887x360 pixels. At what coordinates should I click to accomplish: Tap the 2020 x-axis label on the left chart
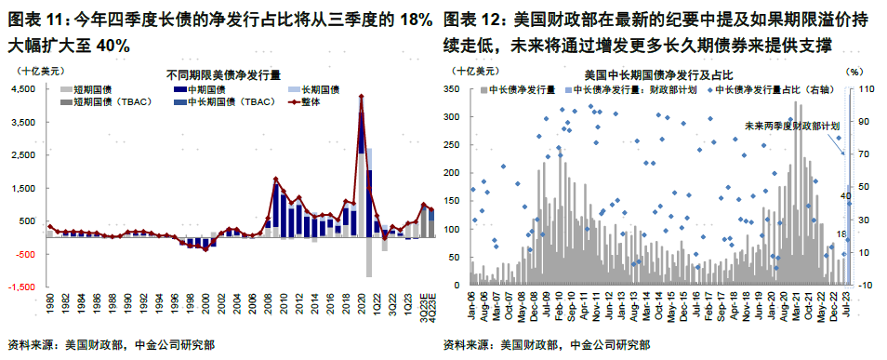[359, 300]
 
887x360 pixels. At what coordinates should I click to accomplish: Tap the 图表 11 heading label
[34, 20]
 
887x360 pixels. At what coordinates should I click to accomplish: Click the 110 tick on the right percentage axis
[863, 88]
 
